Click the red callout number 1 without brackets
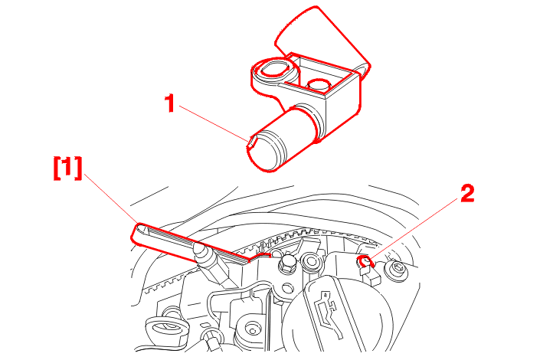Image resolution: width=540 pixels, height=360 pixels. click(x=169, y=103)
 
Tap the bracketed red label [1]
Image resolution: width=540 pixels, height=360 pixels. click(x=68, y=168)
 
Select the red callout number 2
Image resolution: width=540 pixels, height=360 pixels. click(x=467, y=193)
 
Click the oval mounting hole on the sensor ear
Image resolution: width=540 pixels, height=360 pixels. click(x=274, y=70)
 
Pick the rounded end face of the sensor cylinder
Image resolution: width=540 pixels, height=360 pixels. click(x=265, y=152)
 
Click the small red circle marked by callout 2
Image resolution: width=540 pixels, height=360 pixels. click(x=365, y=261)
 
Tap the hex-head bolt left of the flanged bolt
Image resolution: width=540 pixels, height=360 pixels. click(x=285, y=263)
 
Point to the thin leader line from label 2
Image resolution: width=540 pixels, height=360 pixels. click(x=415, y=229)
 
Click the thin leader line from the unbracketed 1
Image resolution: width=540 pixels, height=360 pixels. click(x=214, y=123)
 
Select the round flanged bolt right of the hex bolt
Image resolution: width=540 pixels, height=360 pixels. click(x=311, y=260)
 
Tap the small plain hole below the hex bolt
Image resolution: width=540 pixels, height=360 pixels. click(x=288, y=288)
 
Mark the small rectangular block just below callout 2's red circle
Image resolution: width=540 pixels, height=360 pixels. click(x=370, y=276)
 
